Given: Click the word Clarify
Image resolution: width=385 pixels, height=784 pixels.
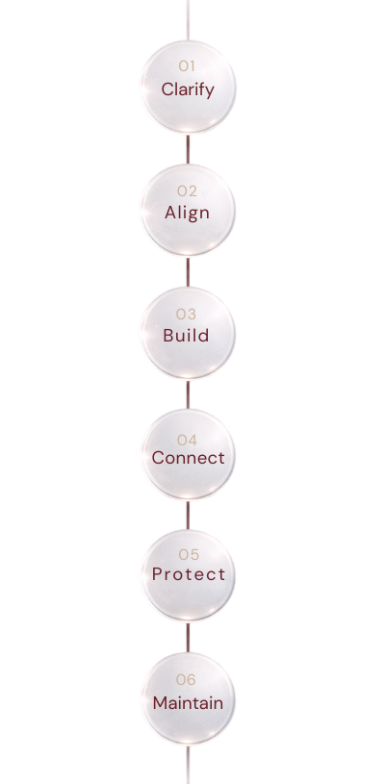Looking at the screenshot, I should click(x=188, y=90).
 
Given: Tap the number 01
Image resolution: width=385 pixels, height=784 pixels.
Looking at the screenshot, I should click(x=188, y=65).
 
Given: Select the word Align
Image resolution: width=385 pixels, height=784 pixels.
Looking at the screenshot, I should click(x=188, y=213).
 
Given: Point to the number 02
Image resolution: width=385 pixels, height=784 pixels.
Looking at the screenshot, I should click(x=188, y=190).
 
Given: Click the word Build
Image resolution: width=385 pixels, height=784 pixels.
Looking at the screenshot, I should click(x=187, y=336).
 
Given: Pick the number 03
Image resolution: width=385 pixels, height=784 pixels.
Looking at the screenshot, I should click(x=187, y=314).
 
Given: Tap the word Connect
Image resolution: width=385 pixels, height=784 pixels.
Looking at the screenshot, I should click(x=188, y=458).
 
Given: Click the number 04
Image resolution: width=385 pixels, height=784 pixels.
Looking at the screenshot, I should click(x=188, y=440).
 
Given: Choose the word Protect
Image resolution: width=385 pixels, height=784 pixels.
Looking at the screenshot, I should click(x=188, y=574).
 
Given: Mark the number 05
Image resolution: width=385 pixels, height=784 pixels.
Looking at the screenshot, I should click(x=188, y=554).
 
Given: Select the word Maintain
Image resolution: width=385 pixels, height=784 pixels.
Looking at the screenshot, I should click(x=188, y=703).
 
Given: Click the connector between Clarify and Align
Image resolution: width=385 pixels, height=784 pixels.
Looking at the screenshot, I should click(x=188, y=149).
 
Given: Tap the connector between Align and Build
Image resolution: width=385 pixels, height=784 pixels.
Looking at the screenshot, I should click(x=188, y=271).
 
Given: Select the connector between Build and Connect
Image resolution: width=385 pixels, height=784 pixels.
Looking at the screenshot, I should click(x=188, y=394).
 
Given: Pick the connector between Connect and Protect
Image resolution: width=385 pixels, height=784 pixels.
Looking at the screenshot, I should click(x=188, y=516).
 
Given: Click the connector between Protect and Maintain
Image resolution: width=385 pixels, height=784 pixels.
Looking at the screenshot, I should click(x=188, y=637).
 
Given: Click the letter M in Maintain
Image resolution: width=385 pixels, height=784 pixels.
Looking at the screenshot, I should click(x=160, y=703).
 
